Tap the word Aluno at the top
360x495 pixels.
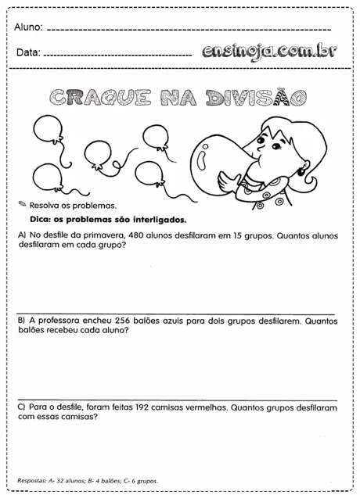29,28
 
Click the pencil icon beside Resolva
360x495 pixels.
21,204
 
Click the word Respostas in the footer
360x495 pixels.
31,481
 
